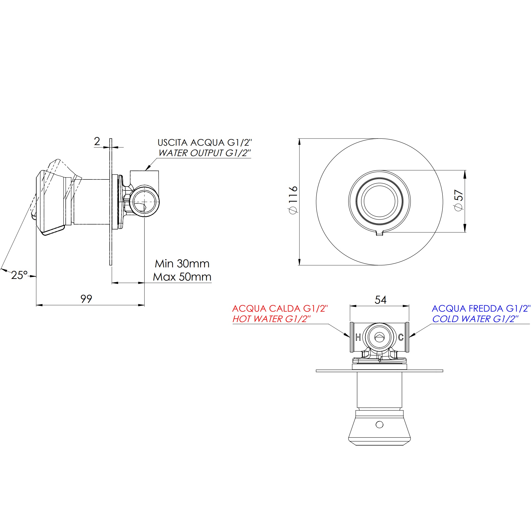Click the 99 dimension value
(86, 299)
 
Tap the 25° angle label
(19, 275)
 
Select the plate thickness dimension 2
(97, 142)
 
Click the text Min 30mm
(182, 264)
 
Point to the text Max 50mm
(182, 277)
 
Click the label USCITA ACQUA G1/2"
(205, 143)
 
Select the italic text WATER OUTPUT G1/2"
(205, 153)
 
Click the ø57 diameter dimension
(459, 200)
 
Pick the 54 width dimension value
(380, 300)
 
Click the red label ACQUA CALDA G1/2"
(280, 308)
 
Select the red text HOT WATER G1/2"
(271, 319)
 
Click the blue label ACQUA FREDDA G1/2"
(481, 308)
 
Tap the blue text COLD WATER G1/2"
(475, 319)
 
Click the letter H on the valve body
(358, 337)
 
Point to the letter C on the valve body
(401, 337)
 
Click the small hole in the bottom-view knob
(379, 425)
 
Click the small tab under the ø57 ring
(379, 233)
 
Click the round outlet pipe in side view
(144, 202)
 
